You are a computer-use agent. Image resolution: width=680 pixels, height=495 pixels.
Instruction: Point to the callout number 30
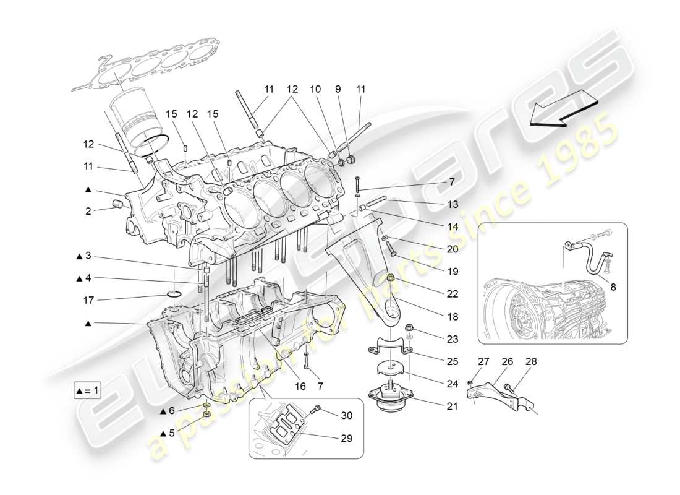click(346, 416)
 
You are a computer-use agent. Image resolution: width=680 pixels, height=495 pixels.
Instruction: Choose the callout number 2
click(88, 210)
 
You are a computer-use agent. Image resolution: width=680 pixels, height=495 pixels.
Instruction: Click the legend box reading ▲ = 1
click(87, 392)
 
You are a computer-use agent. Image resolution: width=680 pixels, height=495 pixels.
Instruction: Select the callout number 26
click(507, 361)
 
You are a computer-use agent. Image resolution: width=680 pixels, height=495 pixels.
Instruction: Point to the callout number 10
click(315, 90)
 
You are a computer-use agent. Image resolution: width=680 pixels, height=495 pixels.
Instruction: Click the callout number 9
click(338, 90)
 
